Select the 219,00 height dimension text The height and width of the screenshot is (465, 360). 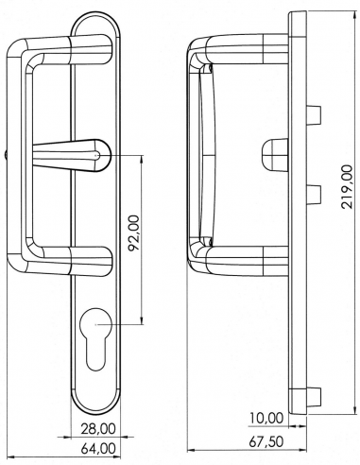pos(347,186)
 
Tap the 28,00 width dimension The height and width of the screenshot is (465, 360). pos(98,429)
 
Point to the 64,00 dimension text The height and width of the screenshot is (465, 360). pos(98,449)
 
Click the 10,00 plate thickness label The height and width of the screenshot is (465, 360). pos(266,419)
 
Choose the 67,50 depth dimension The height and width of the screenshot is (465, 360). pos(266,441)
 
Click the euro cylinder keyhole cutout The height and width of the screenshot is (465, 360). pos(96,338)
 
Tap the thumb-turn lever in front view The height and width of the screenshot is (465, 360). pos(72,156)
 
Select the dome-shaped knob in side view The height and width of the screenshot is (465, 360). pos(275,155)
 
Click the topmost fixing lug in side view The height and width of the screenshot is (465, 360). pos(314,114)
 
